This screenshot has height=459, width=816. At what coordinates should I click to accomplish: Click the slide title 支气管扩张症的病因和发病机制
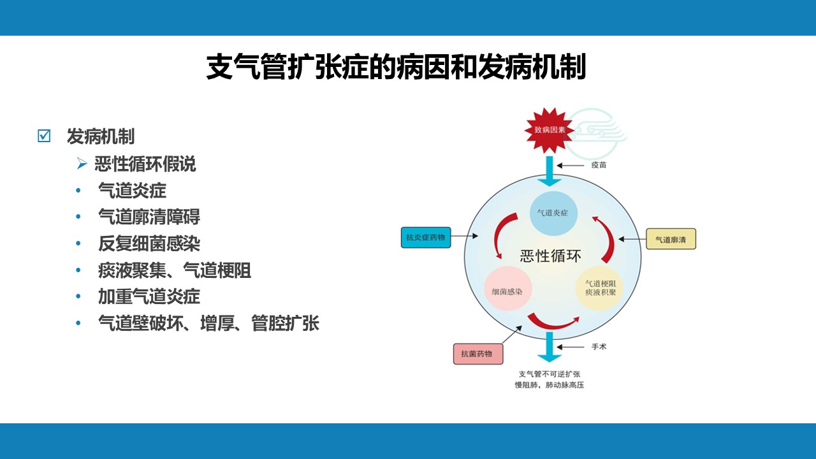396,67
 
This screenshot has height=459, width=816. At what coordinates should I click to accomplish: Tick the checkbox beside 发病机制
44,136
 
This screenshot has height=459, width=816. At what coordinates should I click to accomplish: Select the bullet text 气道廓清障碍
149,217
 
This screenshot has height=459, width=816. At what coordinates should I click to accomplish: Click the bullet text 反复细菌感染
149,244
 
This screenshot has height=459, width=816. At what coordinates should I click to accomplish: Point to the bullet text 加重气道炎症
149,296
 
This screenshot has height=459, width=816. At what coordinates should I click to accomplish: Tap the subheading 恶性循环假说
145,164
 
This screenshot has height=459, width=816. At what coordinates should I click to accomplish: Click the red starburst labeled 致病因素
550,129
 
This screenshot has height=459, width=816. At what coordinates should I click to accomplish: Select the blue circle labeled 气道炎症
553,213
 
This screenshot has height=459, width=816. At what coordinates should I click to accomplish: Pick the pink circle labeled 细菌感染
507,289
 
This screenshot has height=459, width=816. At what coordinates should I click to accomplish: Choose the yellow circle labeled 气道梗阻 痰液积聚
599,288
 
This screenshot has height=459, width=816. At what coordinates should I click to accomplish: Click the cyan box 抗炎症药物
426,238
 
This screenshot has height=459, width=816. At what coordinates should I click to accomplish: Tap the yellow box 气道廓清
671,239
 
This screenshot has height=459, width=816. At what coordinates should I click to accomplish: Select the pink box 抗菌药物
478,354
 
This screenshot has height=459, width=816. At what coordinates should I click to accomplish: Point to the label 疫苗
599,165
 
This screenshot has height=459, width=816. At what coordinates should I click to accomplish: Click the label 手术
599,347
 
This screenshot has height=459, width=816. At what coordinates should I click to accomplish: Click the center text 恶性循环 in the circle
550,256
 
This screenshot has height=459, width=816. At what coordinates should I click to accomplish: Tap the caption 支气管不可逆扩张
550,374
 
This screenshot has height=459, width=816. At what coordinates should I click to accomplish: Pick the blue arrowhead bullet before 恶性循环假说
82,163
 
